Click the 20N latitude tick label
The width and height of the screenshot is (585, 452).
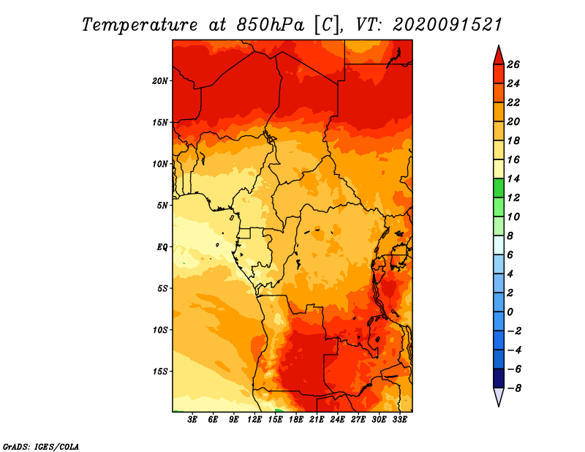pos(160,81)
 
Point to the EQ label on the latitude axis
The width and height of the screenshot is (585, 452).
pos(162,247)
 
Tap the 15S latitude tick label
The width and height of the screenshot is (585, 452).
pos(160,372)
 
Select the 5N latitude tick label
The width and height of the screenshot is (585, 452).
pos(162,206)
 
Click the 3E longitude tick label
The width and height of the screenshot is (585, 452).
pos(192,420)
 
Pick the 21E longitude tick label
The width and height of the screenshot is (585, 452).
pos(317,420)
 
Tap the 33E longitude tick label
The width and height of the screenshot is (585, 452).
pos(399,420)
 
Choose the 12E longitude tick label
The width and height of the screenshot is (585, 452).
pos(254,420)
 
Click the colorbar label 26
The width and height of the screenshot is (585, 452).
pos(513,64)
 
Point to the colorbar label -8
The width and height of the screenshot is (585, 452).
pos(514,388)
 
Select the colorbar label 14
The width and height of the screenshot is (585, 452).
pos(513,178)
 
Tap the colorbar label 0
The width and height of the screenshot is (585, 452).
pos(510,312)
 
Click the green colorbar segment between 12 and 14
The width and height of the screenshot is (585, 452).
pos(499,188)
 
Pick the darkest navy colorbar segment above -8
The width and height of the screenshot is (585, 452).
pos(499,378)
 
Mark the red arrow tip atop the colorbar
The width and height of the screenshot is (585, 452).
pos(499,45)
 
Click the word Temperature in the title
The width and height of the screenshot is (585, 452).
pos(140,25)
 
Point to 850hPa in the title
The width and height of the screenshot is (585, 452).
pos(271,25)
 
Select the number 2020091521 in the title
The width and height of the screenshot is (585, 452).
pos(448,25)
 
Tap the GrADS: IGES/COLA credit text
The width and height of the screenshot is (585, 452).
pos(41,447)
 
